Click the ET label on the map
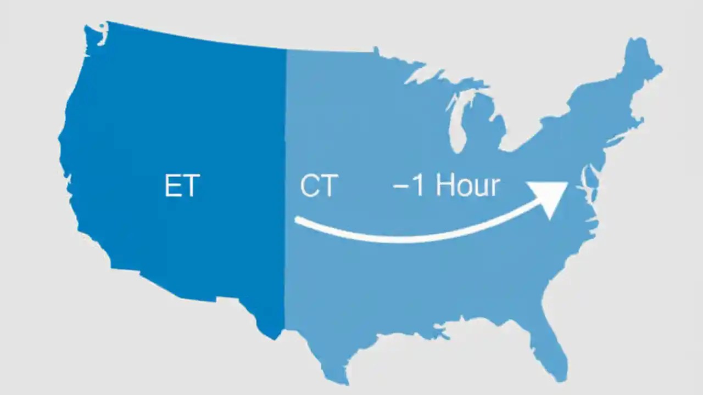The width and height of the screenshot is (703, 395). [x=181, y=186]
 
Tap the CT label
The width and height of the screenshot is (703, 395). [x=318, y=186]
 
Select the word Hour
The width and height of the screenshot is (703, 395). [x=467, y=185]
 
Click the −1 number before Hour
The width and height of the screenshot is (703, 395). [x=409, y=187]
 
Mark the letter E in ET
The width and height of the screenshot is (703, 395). [x=172, y=186]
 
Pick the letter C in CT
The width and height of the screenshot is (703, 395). [x=309, y=186]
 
